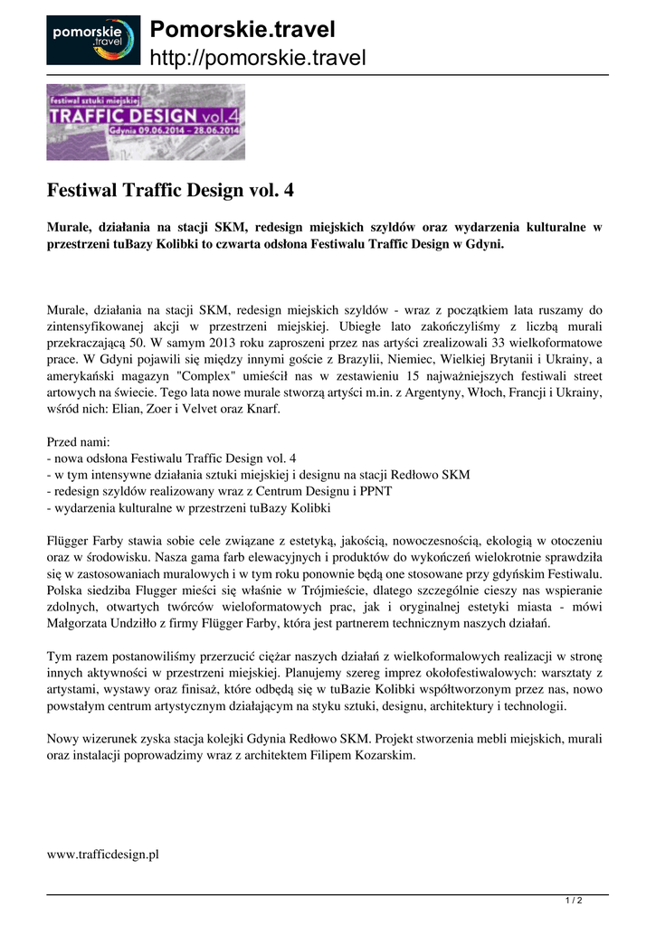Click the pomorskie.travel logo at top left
point(93,40)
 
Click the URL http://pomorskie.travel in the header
point(257,59)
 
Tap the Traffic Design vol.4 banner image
point(146,122)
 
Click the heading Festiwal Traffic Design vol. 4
point(170,192)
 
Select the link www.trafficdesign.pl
point(102,855)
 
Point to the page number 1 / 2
point(574,901)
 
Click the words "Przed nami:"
point(78,442)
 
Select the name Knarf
point(263,410)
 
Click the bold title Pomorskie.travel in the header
point(242,30)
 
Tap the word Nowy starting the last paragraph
point(63,740)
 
